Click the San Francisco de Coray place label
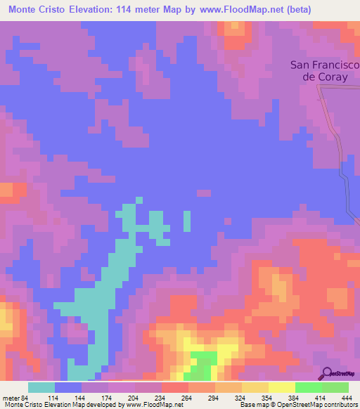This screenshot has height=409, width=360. tap(324, 71)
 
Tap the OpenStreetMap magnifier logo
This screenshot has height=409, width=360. tap(327, 375)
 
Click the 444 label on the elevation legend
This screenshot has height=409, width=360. tap(346, 398)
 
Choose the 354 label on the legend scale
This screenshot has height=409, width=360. tap(266, 398)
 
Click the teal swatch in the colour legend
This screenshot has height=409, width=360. tap(41, 387)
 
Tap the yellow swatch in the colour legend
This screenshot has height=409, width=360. tap(282, 387)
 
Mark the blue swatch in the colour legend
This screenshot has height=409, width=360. tap(68, 387)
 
